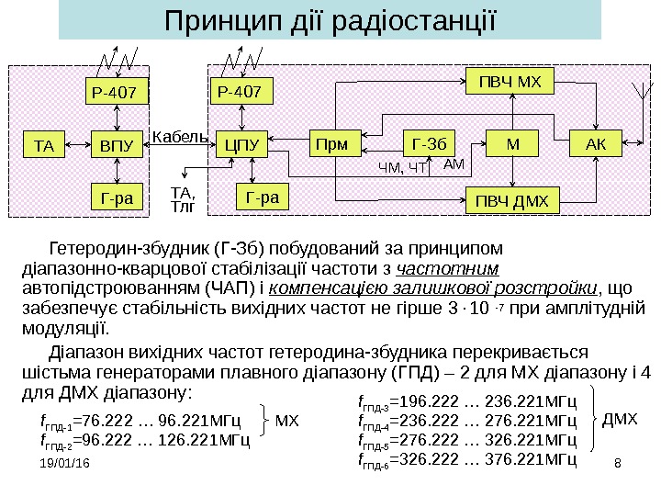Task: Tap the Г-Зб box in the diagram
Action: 430,143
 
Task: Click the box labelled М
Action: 511,143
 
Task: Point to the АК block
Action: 596,143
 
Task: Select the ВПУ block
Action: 118,144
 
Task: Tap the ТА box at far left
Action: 44,144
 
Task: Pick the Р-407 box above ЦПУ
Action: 242,91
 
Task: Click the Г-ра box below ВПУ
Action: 118,196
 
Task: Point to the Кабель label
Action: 176,137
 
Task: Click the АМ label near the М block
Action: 454,163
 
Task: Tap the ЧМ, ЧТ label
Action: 405,168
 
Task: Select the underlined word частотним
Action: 447,268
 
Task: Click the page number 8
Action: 617,468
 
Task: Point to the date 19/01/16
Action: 65,468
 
